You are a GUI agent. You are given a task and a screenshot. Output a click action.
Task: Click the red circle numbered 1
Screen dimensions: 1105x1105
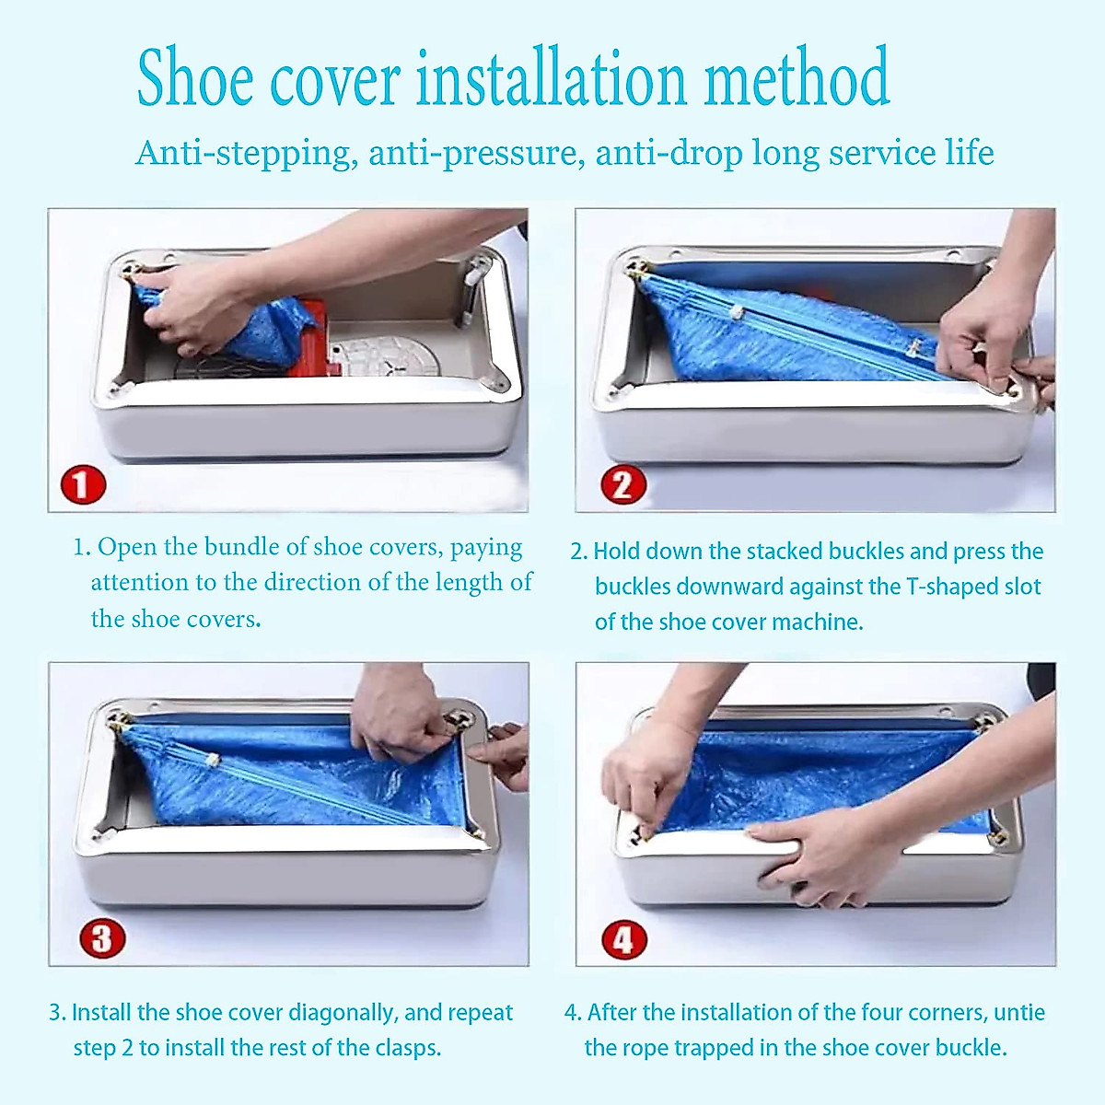(83, 484)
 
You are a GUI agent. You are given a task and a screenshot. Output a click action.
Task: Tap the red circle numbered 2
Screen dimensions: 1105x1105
(623, 484)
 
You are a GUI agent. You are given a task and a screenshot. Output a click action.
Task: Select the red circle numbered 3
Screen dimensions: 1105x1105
(101, 938)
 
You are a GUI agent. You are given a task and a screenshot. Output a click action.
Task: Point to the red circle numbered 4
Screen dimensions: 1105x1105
(623, 940)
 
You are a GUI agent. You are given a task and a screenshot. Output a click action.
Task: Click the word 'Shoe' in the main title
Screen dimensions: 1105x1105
(195, 78)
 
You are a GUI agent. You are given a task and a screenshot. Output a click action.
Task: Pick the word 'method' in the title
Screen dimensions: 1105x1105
(797, 78)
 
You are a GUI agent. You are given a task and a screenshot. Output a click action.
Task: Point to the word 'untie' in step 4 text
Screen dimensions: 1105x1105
(1019, 1013)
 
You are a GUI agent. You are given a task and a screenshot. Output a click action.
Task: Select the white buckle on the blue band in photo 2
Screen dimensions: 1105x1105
(736, 313)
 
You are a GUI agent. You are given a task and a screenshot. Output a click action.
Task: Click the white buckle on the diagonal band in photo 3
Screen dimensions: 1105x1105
(212, 761)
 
